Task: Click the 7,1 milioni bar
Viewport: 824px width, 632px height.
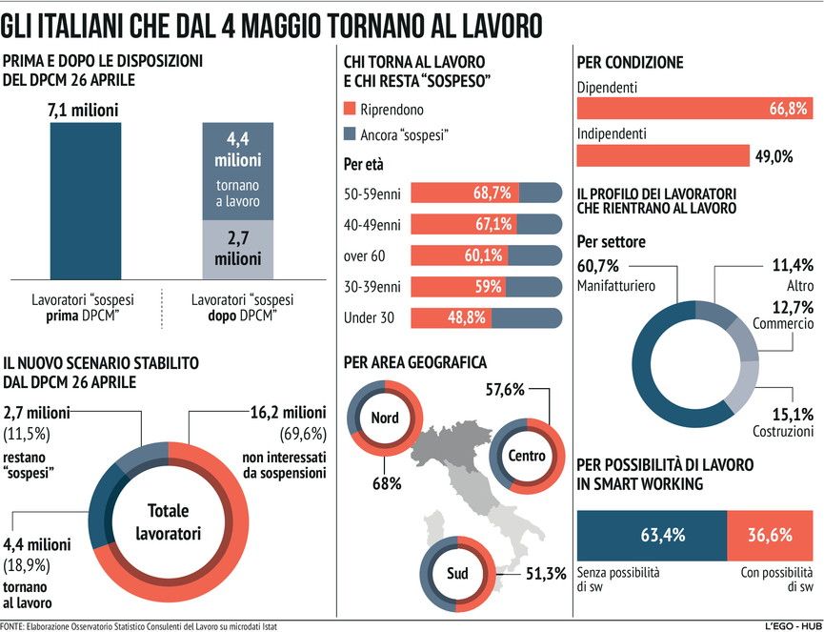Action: pos(85,199)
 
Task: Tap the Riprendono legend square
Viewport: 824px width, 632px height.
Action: pos(350,110)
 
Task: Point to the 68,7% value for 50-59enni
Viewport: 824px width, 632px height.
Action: pos(492,193)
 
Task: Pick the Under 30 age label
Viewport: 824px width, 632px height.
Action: pos(368,316)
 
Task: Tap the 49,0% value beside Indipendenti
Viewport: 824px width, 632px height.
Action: pos(774,156)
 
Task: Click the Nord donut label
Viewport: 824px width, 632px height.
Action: pos(385,418)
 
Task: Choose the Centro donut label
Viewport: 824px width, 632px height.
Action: pos(527,456)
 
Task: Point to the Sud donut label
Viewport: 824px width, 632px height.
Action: pos(457,574)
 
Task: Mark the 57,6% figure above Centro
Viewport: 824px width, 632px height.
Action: pos(511,390)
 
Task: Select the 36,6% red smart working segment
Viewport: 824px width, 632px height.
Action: pos(769,535)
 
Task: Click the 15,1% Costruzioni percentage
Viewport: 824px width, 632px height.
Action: pos(793,414)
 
